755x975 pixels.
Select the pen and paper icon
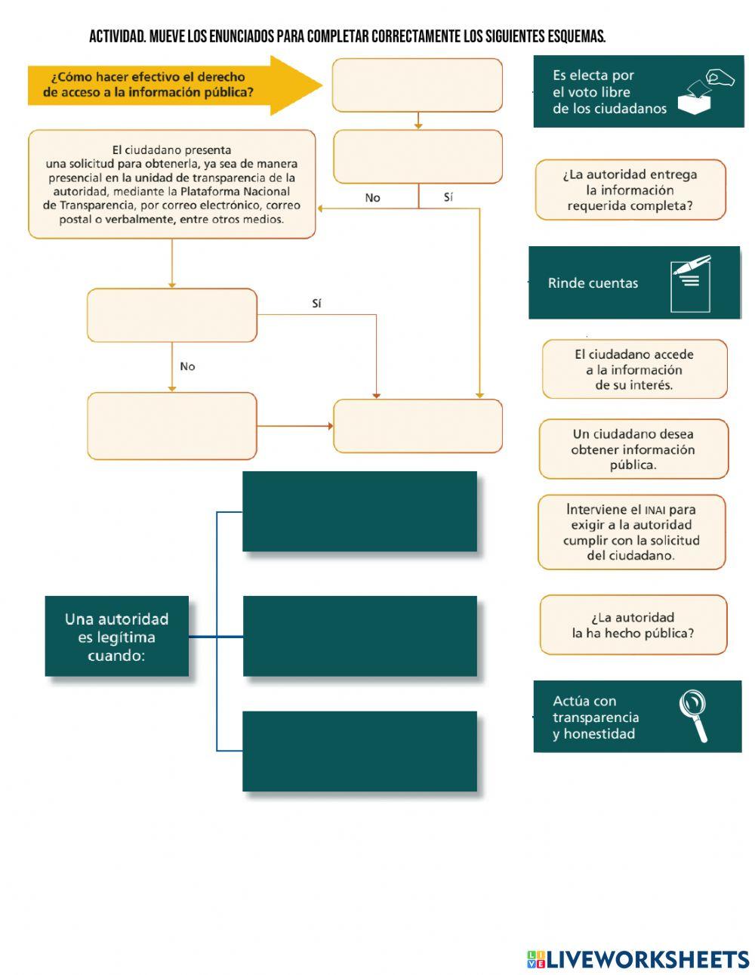[x=691, y=283]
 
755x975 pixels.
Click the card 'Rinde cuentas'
[x=593, y=283]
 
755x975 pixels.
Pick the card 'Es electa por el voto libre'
[x=604, y=91]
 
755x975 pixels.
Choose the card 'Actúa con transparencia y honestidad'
[x=596, y=717]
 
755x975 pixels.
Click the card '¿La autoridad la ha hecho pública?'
[x=633, y=625]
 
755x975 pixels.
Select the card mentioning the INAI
[x=631, y=532]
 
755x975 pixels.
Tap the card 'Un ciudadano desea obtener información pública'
[x=633, y=449]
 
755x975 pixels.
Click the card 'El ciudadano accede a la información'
[x=634, y=369]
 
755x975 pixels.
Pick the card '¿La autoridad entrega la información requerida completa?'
[x=630, y=190]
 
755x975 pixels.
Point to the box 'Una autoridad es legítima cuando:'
[x=116, y=636]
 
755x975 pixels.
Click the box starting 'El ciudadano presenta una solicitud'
[x=171, y=184]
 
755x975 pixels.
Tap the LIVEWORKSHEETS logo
[x=638, y=959]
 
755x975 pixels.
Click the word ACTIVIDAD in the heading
[x=117, y=36]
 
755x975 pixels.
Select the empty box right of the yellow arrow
[x=418, y=85]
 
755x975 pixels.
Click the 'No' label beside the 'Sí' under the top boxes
[x=372, y=198]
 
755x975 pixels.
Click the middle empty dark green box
[x=359, y=635]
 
